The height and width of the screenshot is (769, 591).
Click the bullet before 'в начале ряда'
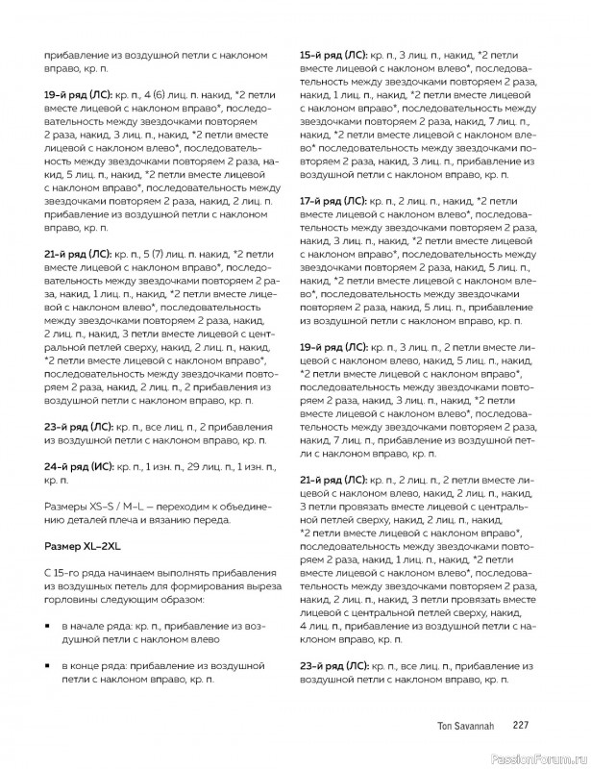click(x=47, y=627)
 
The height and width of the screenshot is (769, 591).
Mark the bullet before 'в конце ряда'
click(x=47, y=666)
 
